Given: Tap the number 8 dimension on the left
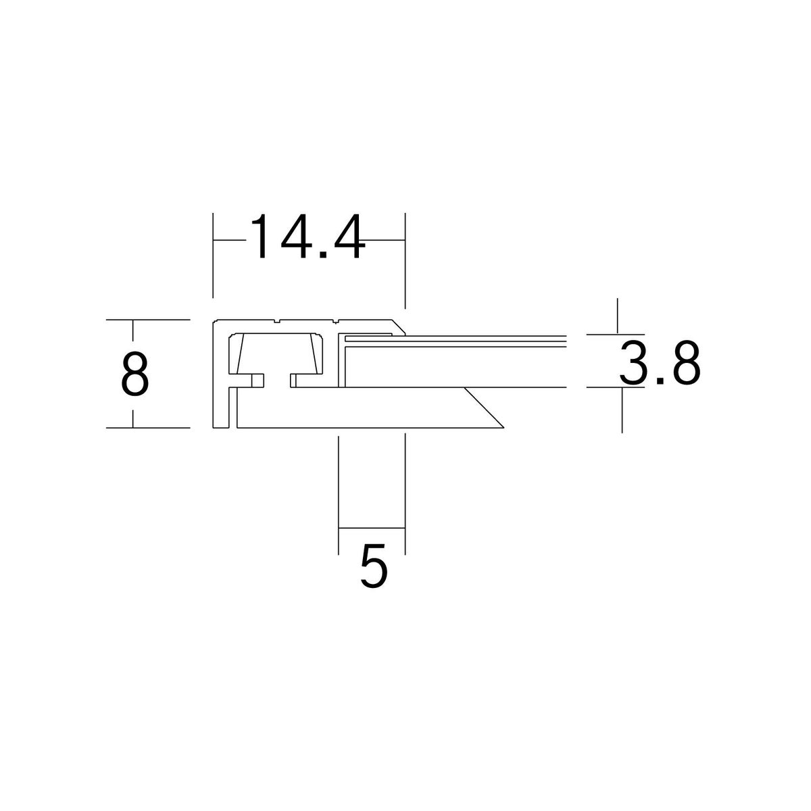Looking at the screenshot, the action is pyautogui.click(x=134, y=374).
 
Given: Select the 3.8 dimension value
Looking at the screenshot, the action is pyautogui.click(x=660, y=363).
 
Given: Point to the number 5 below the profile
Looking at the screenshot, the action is pyautogui.click(x=373, y=566).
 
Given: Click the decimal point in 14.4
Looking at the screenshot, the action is pyautogui.click(x=324, y=255).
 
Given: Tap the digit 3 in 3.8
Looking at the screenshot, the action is pyautogui.click(x=633, y=363).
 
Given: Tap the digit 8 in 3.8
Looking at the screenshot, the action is pyautogui.click(x=687, y=363).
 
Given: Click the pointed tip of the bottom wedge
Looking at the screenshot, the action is pyautogui.click(x=503, y=428).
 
